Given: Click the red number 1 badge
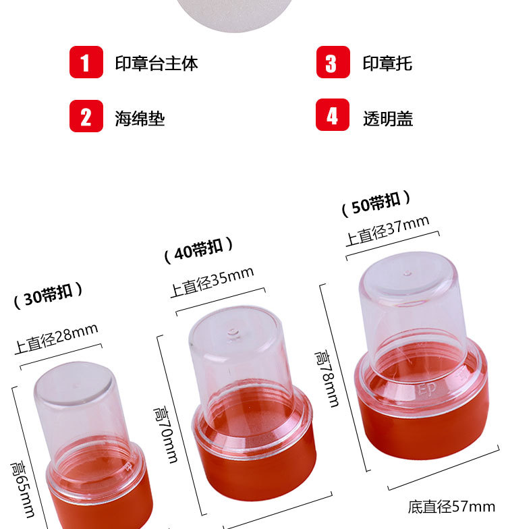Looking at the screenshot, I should (x=86, y=62).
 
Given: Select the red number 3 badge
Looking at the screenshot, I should (x=333, y=62).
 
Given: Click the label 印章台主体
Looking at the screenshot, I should (x=156, y=63).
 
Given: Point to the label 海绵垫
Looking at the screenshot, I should (x=140, y=118).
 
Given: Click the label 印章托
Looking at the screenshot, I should (x=387, y=63).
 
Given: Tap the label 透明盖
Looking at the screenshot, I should (x=388, y=118).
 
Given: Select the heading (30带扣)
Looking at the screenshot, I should (x=49, y=296).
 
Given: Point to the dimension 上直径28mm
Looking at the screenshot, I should (x=57, y=339).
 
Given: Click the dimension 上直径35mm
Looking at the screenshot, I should (x=211, y=282).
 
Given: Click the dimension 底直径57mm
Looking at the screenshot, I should (x=451, y=506).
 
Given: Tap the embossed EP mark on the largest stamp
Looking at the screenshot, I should (x=427, y=389).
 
